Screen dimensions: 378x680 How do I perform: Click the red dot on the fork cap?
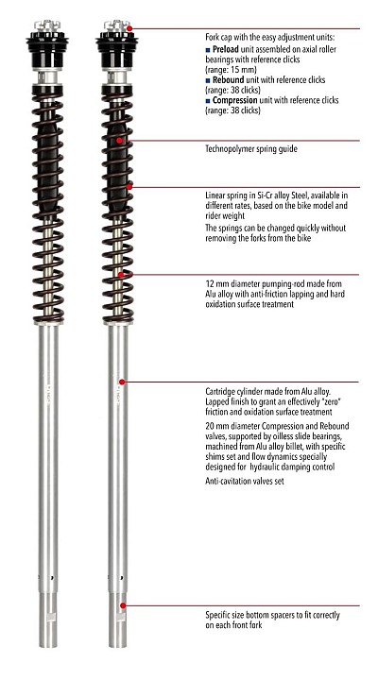tap(129, 28)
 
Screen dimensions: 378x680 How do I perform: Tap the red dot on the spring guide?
tap(119, 141)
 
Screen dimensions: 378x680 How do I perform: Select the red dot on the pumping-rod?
tap(121, 274)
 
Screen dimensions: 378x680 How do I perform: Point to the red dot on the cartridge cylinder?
tap(122, 382)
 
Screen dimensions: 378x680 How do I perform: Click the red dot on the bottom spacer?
tap(123, 605)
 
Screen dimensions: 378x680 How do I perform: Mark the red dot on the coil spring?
tap(129, 186)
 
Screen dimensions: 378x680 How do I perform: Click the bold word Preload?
tap(225, 49)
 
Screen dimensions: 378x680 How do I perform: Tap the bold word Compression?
tap(234, 100)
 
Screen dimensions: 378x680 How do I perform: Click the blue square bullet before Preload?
tap(208, 50)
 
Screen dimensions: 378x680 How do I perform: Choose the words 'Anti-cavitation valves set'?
tap(245, 481)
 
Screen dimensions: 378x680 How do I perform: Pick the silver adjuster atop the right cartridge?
tap(117, 25)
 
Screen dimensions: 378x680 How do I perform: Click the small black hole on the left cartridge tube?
tap(52, 578)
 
